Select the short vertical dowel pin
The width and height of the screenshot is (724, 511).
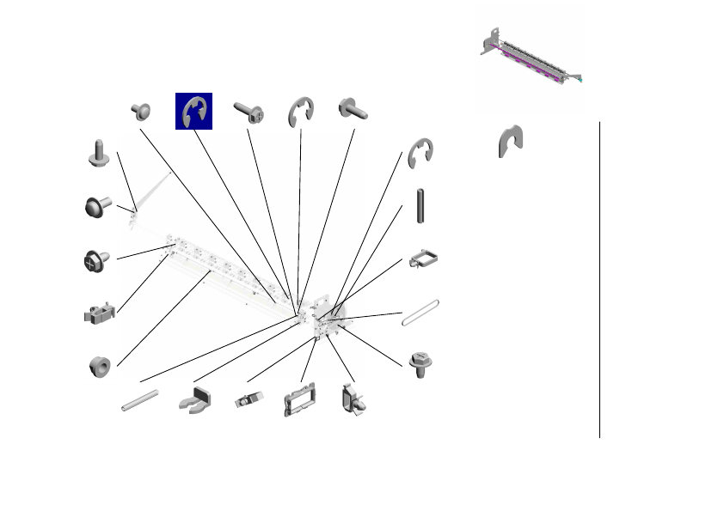coord(420,206)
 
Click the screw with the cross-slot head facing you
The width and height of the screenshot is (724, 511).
coord(95,259)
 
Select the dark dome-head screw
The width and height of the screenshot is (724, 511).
coord(96,207)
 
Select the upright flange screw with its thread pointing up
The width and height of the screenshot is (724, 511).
coord(96,153)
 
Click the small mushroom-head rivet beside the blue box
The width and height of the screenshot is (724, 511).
coord(141,110)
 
